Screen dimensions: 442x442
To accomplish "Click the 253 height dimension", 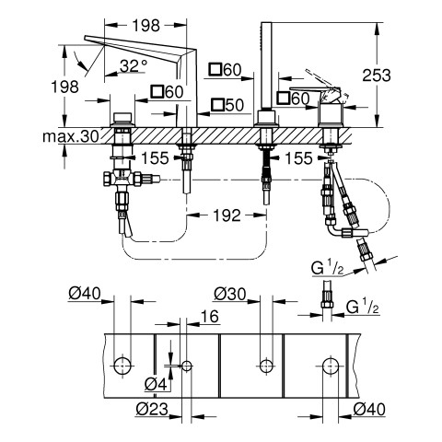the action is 377,76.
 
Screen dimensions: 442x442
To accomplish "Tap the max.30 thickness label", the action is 71,136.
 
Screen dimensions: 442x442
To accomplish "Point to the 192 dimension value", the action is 227,215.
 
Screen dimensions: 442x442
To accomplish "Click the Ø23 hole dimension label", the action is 152,409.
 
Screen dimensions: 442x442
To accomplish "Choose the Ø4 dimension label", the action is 156,384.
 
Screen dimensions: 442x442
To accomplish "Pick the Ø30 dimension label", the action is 230,294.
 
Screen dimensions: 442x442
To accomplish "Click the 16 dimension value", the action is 210,316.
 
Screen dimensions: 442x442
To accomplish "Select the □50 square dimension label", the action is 227,105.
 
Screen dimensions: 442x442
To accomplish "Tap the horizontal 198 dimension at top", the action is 146,26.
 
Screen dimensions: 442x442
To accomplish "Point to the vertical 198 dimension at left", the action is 64,87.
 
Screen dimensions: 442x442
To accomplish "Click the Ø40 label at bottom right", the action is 369,409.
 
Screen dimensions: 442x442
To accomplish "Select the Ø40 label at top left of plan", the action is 85,294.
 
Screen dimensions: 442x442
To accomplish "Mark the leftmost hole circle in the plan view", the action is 122,366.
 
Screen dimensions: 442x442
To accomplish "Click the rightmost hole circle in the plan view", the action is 331,366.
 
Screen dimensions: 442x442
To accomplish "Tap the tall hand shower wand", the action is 266,66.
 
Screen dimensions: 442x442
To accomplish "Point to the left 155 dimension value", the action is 155,158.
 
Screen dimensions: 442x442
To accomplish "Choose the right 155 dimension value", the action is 298,158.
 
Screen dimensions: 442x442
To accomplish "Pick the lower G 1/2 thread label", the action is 363,307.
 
